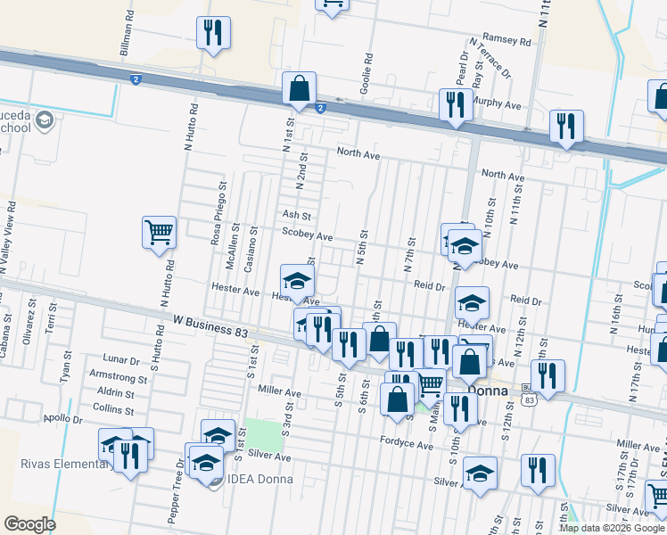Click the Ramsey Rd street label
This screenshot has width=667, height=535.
[x=506, y=39]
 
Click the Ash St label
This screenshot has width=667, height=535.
[x=296, y=216]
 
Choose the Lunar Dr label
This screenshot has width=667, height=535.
[x=122, y=361]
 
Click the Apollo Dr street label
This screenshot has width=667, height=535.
[x=62, y=417]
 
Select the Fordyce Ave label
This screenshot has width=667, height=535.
[x=406, y=440]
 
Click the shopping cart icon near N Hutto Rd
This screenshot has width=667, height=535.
[x=159, y=233]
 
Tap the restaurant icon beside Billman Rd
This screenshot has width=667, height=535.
[x=213, y=34]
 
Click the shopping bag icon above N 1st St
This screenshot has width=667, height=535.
[x=299, y=88]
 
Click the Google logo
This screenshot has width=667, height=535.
[x=29, y=524]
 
